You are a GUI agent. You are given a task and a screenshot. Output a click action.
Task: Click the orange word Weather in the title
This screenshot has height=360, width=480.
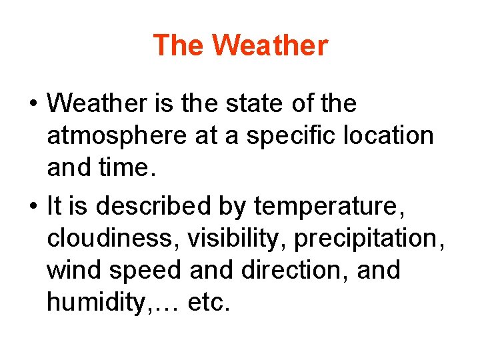pos(272,46)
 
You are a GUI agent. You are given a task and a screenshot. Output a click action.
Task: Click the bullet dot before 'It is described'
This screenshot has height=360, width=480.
pos(32,207)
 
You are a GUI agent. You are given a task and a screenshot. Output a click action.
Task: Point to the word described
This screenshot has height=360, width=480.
pos(156,206)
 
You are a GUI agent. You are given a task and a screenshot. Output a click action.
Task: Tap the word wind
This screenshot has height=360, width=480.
pos(72,271)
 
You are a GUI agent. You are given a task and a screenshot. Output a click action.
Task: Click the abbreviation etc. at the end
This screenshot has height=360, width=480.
pos(209,303)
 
